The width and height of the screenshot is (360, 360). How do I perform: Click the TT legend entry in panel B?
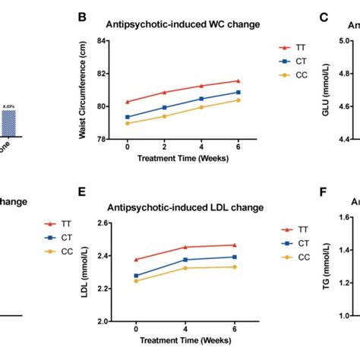pos(292,46)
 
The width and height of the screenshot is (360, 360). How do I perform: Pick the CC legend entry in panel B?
pos(292,74)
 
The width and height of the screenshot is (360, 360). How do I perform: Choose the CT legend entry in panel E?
pos(292,243)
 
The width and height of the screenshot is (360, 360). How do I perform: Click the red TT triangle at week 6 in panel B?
pos(238,81)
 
